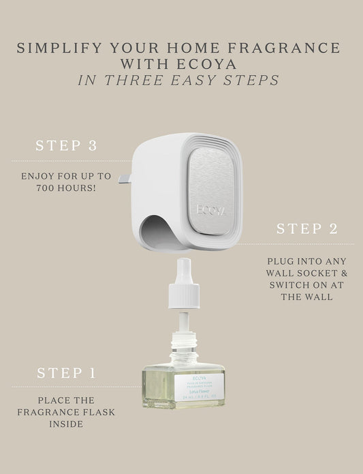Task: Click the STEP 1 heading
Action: (x=66, y=373)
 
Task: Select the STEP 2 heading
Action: (x=306, y=229)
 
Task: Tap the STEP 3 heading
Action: (x=66, y=146)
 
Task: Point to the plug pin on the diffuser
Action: (x=125, y=179)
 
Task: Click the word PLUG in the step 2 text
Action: (x=279, y=261)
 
